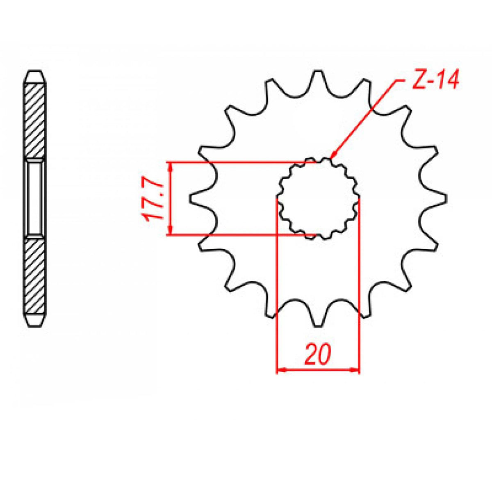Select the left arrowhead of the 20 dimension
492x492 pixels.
point(280,370)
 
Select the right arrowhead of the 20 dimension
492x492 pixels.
point(356,370)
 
